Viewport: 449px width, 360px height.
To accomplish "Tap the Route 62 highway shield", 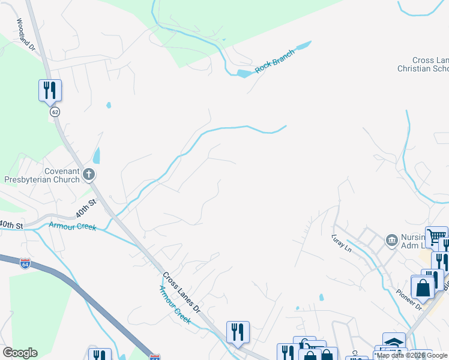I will coord(55,112).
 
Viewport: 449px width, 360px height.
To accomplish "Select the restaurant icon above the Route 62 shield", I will coord(50,91).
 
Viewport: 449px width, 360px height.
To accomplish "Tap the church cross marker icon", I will coord(89,175).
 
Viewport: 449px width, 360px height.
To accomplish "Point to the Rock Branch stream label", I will coord(275,61).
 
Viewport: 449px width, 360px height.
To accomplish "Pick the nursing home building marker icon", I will coord(392,241).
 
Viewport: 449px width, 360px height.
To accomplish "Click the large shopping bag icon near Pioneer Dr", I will coord(423,287).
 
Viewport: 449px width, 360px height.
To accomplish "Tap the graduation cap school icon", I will coord(394,341).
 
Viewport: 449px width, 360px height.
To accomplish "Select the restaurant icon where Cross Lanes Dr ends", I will coord(238,332).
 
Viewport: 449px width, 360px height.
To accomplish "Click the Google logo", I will coord(20,353).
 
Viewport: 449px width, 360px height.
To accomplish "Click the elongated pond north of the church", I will coord(97,155).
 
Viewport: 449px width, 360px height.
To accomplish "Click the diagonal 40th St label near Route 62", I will coord(86,210).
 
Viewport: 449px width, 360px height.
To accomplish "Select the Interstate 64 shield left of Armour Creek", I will coord(25,264).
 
